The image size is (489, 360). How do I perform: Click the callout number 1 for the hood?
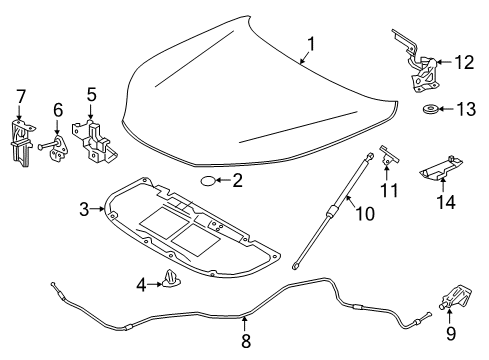pos(311,44)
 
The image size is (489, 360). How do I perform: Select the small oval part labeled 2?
pos(207,181)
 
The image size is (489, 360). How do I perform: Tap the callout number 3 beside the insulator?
pos(84,209)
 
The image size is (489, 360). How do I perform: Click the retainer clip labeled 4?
pos(172,279)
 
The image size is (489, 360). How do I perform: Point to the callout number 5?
pos(92,95)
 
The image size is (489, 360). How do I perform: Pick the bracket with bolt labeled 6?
pos(54,148)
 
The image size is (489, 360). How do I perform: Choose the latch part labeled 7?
pos(22,143)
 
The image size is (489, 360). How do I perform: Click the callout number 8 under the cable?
pos(246,341)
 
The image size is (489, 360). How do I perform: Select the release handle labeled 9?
pos(455,297)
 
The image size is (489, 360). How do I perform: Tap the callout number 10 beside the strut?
pos(365,214)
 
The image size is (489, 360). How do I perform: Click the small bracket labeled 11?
pos(389,156)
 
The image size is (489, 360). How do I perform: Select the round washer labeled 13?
pos(431,109)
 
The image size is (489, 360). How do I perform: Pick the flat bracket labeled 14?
pos(441,169)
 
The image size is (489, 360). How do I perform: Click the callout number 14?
pos(446,202)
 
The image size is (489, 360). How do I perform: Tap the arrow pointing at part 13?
pos(446,109)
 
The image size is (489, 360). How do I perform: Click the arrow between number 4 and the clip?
pos(155,284)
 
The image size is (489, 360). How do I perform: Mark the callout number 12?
pos(464,62)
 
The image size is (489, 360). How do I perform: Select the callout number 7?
pos(21,97)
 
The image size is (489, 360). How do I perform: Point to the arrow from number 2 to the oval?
pos(223,181)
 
